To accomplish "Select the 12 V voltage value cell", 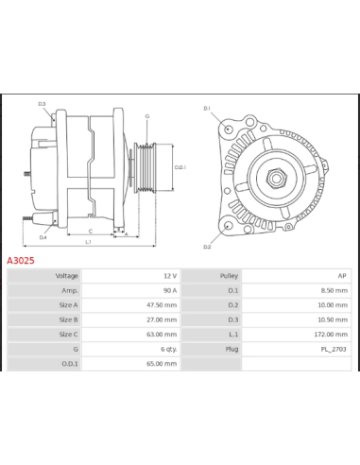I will (x=167, y=276).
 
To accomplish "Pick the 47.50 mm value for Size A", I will (x=162, y=305).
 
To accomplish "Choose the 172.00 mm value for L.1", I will (x=332, y=334).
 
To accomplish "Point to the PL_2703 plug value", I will (x=333, y=349).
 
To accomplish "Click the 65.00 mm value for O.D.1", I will (x=162, y=363).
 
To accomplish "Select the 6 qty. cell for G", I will (x=166, y=349).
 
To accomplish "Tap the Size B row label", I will (x=67, y=319).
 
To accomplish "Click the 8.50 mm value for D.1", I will (x=334, y=290).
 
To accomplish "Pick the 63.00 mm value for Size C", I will (x=162, y=334).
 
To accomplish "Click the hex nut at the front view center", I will (x=279, y=177).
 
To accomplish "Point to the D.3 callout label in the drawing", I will (x=42, y=104).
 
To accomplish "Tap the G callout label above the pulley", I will (x=146, y=116).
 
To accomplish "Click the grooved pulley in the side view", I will (x=146, y=169).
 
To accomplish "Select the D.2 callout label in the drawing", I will (x=207, y=246).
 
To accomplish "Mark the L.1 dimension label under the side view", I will (x=87, y=242).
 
